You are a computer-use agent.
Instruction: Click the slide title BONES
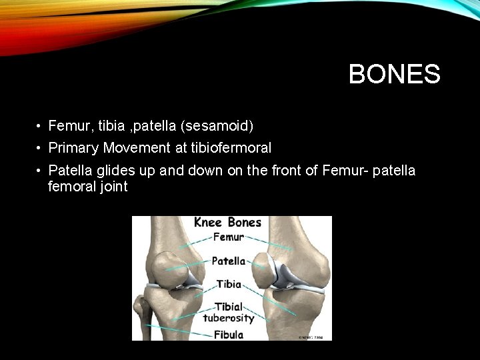click(x=394, y=74)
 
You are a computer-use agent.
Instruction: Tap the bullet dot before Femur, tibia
click(x=40, y=126)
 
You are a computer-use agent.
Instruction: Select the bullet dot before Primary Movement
click(x=40, y=148)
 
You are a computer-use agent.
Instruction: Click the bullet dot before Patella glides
click(x=40, y=171)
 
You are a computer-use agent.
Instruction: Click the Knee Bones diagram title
click(x=228, y=222)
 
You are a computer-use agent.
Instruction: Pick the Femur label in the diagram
click(x=228, y=237)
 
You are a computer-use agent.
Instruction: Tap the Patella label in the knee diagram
click(x=228, y=261)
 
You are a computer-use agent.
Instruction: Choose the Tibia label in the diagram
click(x=228, y=284)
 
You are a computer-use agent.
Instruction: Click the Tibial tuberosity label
click(x=228, y=312)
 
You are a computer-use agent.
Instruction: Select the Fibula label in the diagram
click(x=228, y=334)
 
